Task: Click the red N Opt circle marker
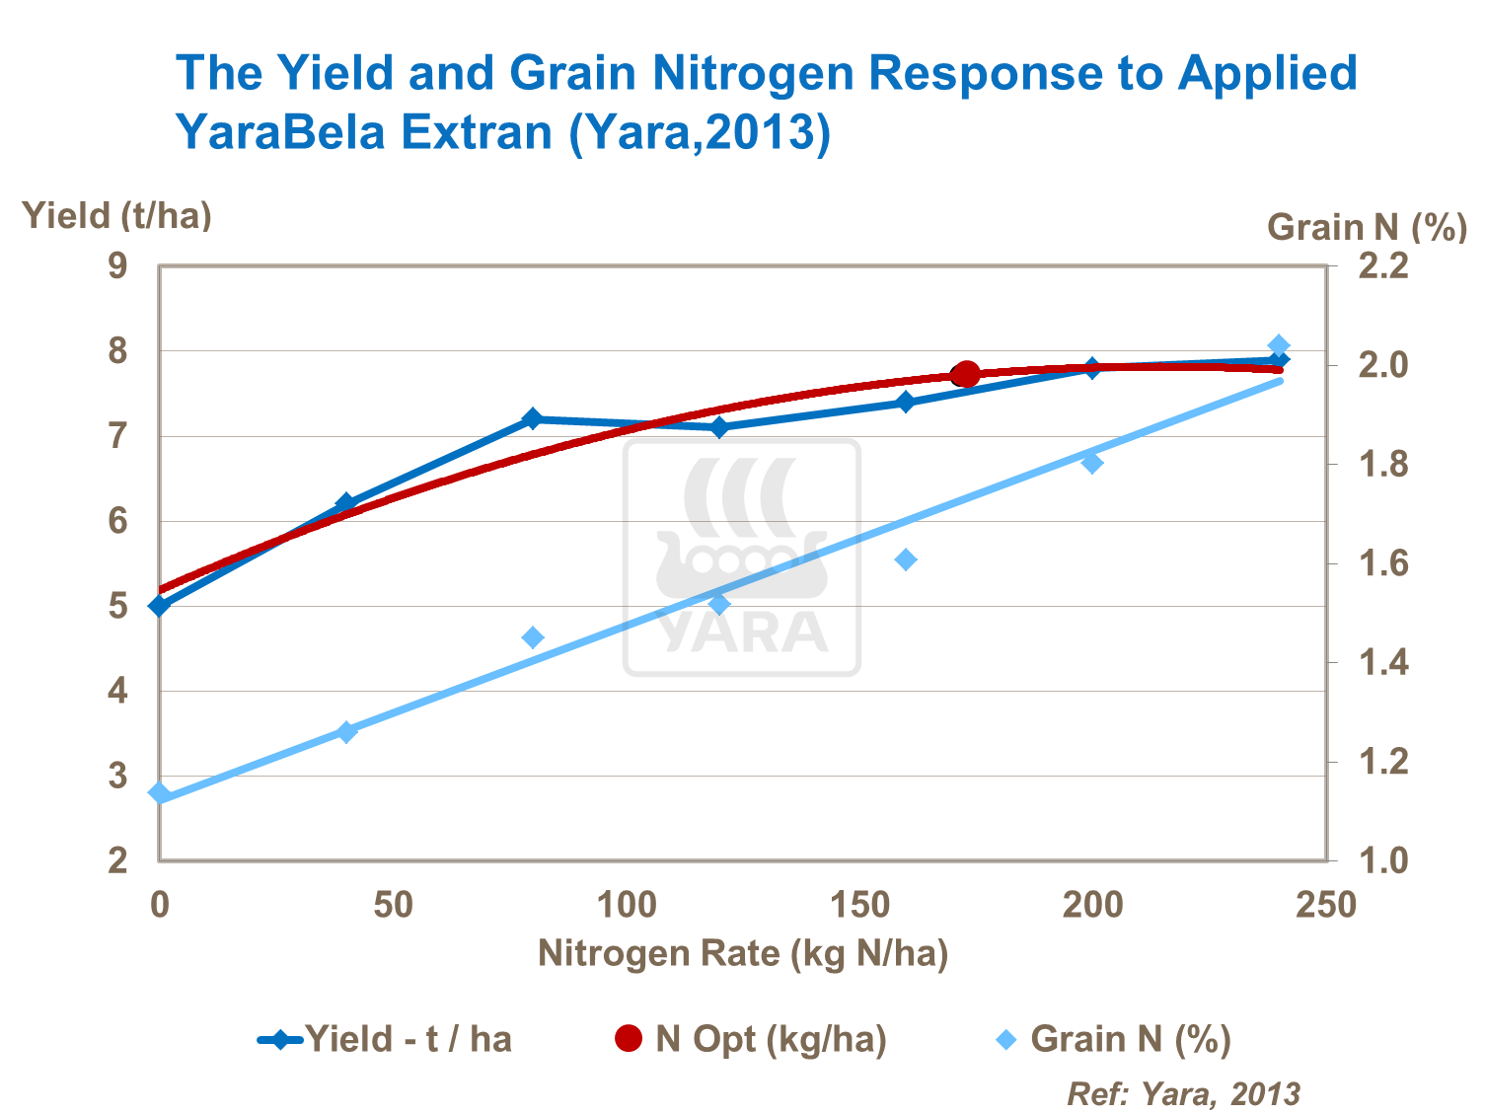click(966, 374)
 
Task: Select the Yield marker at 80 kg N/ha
click(533, 418)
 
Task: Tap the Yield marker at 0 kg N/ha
click(160, 605)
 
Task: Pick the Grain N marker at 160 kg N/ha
click(906, 559)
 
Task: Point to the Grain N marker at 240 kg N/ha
click(1279, 345)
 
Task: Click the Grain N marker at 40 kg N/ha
click(346, 731)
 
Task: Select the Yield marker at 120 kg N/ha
click(719, 427)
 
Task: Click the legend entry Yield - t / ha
click(385, 1039)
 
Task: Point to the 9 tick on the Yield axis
click(118, 266)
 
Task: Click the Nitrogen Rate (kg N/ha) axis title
click(742, 953)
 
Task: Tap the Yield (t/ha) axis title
click(117, 215)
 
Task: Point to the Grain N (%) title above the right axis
click(1367, 227)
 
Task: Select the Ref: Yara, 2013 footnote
click(1183, 1093)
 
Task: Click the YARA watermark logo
click(742, 557)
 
